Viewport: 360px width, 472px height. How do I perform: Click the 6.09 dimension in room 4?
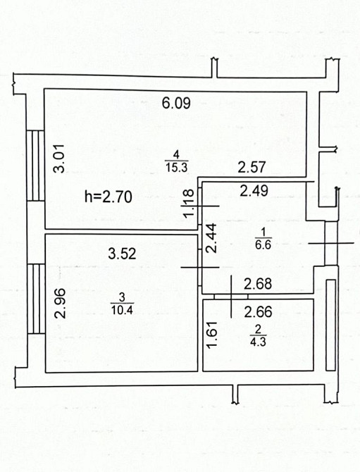[x=176, y=103]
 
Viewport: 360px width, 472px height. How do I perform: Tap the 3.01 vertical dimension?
[x=59, y=159]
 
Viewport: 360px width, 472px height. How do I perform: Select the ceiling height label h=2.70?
[x=108, y=197]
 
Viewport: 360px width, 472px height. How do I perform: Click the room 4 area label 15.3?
[x=176, y=167]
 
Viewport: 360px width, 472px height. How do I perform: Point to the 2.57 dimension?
[x=252, y=168]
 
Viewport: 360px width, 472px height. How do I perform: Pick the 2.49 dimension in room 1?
[x=254, y=190]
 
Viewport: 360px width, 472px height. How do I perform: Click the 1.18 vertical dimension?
[x=189, y=203]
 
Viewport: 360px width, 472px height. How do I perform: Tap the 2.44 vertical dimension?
[x=211, y=238]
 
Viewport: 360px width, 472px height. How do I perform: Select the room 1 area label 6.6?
[x=263, y=244]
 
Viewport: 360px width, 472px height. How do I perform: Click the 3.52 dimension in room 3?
[x=122, y=254]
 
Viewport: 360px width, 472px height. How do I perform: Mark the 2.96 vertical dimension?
[x=60, y=304]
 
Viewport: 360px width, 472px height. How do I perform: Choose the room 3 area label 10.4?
[x=122, y=310]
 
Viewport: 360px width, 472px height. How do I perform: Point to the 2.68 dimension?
[x=258, y=284]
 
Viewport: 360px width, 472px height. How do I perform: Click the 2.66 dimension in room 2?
[x=259, y=312]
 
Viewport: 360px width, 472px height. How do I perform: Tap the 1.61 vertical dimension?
[x=213, y=335]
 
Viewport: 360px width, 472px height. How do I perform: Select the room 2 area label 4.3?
[x=259, y=342]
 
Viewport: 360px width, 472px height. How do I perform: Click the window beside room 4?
[x=35, y=166]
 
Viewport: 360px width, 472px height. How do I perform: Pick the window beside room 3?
[x=37, y=299]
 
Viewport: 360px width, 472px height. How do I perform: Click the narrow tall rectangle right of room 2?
[x=331, y=325]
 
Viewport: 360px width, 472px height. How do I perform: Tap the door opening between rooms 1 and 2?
[x=231, y=297]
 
